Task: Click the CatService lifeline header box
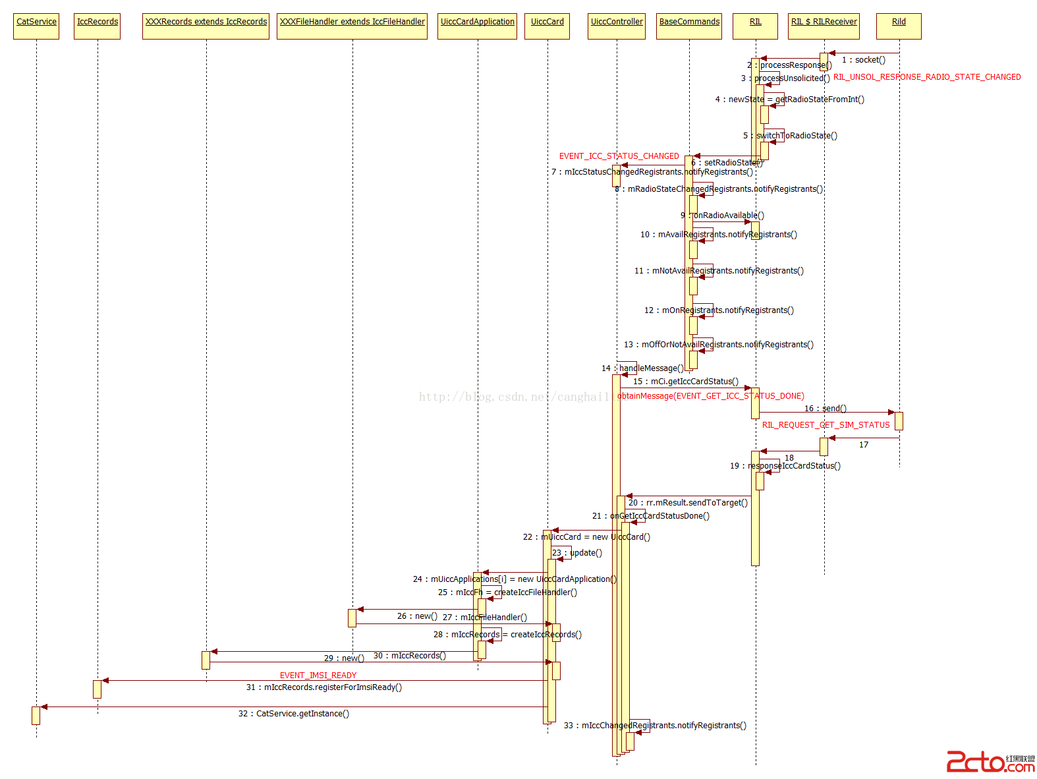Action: (36, 26)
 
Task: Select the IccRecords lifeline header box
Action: (98, 26)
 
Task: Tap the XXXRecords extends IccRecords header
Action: (206, 26)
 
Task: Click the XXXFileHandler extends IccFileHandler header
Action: (352, 26)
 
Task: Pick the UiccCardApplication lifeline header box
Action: (478, 26)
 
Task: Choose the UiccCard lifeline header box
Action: (547, 26)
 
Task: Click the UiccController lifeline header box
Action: (617, 26)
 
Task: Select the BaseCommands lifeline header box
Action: (689, 26)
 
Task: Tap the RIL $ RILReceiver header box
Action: (824, 26)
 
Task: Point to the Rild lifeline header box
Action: (899, 26)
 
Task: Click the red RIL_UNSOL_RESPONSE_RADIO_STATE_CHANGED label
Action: (927, 77)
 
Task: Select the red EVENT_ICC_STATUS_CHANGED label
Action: (619, 156)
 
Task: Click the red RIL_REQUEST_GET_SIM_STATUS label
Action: (826, 425)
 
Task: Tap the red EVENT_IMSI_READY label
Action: (318, 676)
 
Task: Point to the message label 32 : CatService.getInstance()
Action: (294, 714)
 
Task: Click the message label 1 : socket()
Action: (864, 60)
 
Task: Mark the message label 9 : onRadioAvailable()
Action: (723, 216)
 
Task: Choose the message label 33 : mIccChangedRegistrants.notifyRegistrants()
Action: (656, 726)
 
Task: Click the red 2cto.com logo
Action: (990, 762)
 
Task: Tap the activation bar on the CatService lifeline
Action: (36, 715)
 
